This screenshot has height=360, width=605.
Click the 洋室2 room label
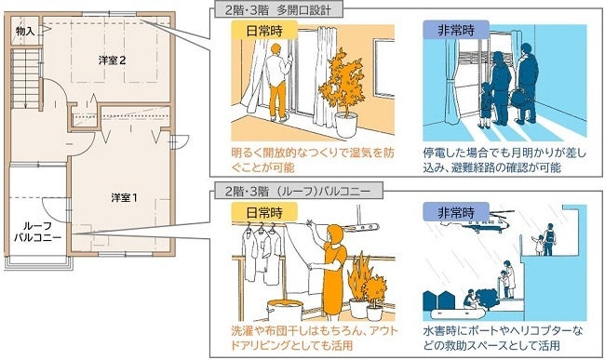(x=112, y=60)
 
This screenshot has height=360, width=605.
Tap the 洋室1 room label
(x=124, y=198)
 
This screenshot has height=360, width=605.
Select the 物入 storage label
(x=25, y=32)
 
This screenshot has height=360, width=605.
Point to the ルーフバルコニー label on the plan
(x=38, y=232)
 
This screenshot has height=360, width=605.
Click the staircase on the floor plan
(x=25, y=78)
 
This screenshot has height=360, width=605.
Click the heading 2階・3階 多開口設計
(x=277, y=10)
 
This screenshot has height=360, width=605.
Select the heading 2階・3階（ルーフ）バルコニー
(x=298, y=191)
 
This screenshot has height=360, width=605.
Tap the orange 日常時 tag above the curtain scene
(x=264, y=31)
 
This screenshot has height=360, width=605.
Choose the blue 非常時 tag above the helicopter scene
(x=456, y=211)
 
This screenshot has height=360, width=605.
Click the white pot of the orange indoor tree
(x=345, y=125)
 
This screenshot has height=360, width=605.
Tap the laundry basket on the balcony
(x=285, y=309)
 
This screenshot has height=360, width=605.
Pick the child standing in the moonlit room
(x=485, y=105)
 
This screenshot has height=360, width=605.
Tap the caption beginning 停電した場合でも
(x=504, y=160)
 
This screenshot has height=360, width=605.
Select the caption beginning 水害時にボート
(x=503, y=338)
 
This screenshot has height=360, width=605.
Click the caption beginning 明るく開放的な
(x=313, y=160)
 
